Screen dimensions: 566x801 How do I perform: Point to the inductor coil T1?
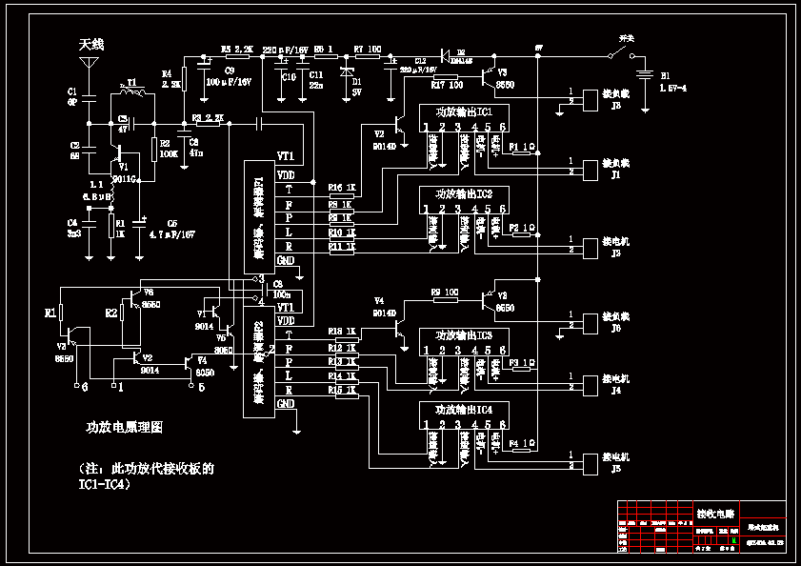(x=133, y=93)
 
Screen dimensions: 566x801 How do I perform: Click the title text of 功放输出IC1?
(x=464, y=112)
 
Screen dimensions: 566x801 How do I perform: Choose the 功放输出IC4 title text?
(x=464, y=408)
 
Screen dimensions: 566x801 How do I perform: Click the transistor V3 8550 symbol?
(x=491, y=76)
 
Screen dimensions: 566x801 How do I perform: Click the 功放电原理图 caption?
(x=125, y=427)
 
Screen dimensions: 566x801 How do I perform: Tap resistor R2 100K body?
(x=154, y=150)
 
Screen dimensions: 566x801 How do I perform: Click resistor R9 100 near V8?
(x=444, y=300)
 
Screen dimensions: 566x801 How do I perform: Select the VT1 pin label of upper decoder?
(x=285, y=156)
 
